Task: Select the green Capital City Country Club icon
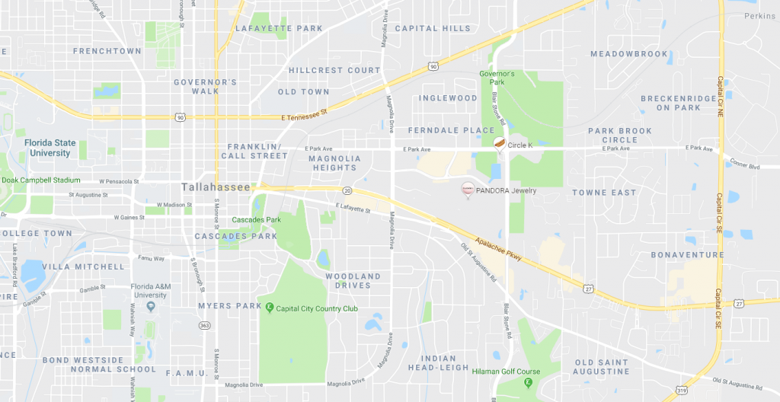tap(269, 308)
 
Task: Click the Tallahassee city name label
tap(216, 187)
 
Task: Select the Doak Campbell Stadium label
tap(41, 180)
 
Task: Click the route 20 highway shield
tap(347, 190)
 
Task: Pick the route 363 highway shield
tap(204, 325)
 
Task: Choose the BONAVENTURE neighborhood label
tap(687, 254)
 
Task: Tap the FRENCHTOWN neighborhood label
tap(107, 51)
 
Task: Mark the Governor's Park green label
tap(497, 78)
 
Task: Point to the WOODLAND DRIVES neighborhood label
tap(353, 281)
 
